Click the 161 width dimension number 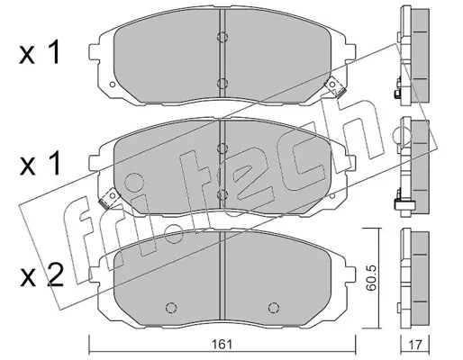click(222, 345)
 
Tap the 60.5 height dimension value click(372, 278)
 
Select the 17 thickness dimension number click(415, 345)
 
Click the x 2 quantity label click(41, 275)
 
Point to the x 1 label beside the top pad click(40, 54)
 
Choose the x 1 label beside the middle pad click(40, 164)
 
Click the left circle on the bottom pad click(171, 307)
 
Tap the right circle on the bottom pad click(273, 307)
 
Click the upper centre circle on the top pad click(222, 37)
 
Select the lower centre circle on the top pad click(222, 83)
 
